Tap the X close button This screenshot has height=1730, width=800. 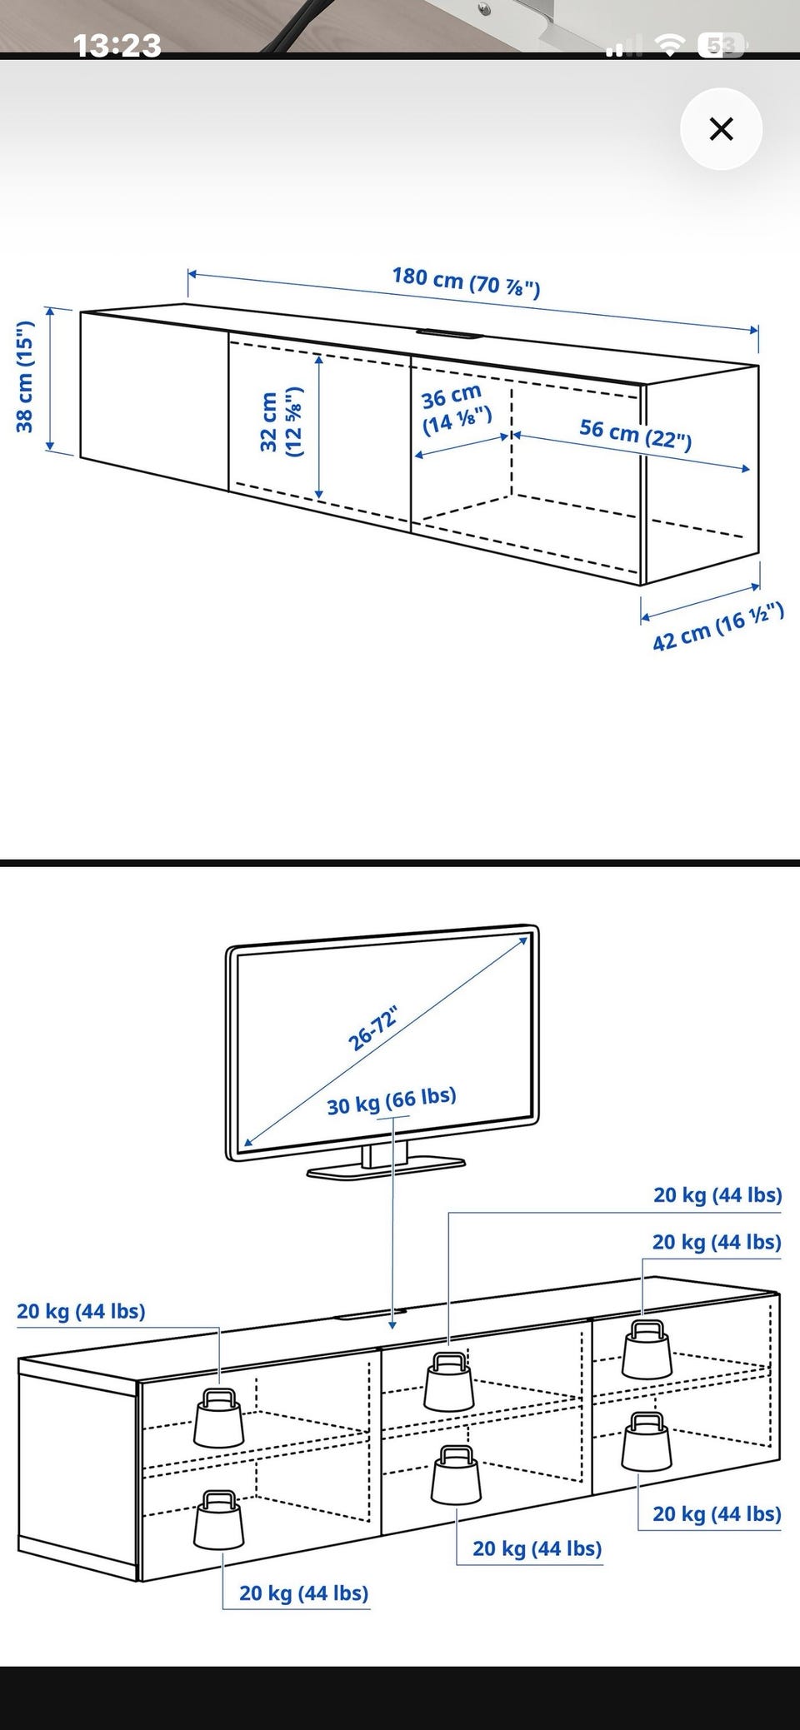click(721, 129)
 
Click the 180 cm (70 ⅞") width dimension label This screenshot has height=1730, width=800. click(467, 282)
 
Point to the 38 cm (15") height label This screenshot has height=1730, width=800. click(25, 376)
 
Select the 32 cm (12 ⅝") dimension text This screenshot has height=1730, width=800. click(282, 422)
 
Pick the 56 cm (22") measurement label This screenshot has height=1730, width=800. click(635, 433)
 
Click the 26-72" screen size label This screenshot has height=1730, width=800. click(372, 1029)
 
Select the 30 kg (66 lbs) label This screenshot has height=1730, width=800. click(392, 1101)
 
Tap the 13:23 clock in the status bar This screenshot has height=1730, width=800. click(117, 44)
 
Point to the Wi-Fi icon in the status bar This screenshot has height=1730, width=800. click(668, 46)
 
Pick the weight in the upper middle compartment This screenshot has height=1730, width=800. click(448, 1381)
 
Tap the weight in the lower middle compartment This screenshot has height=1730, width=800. click(455, 1474)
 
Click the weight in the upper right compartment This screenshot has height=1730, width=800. click(647, 1349)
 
